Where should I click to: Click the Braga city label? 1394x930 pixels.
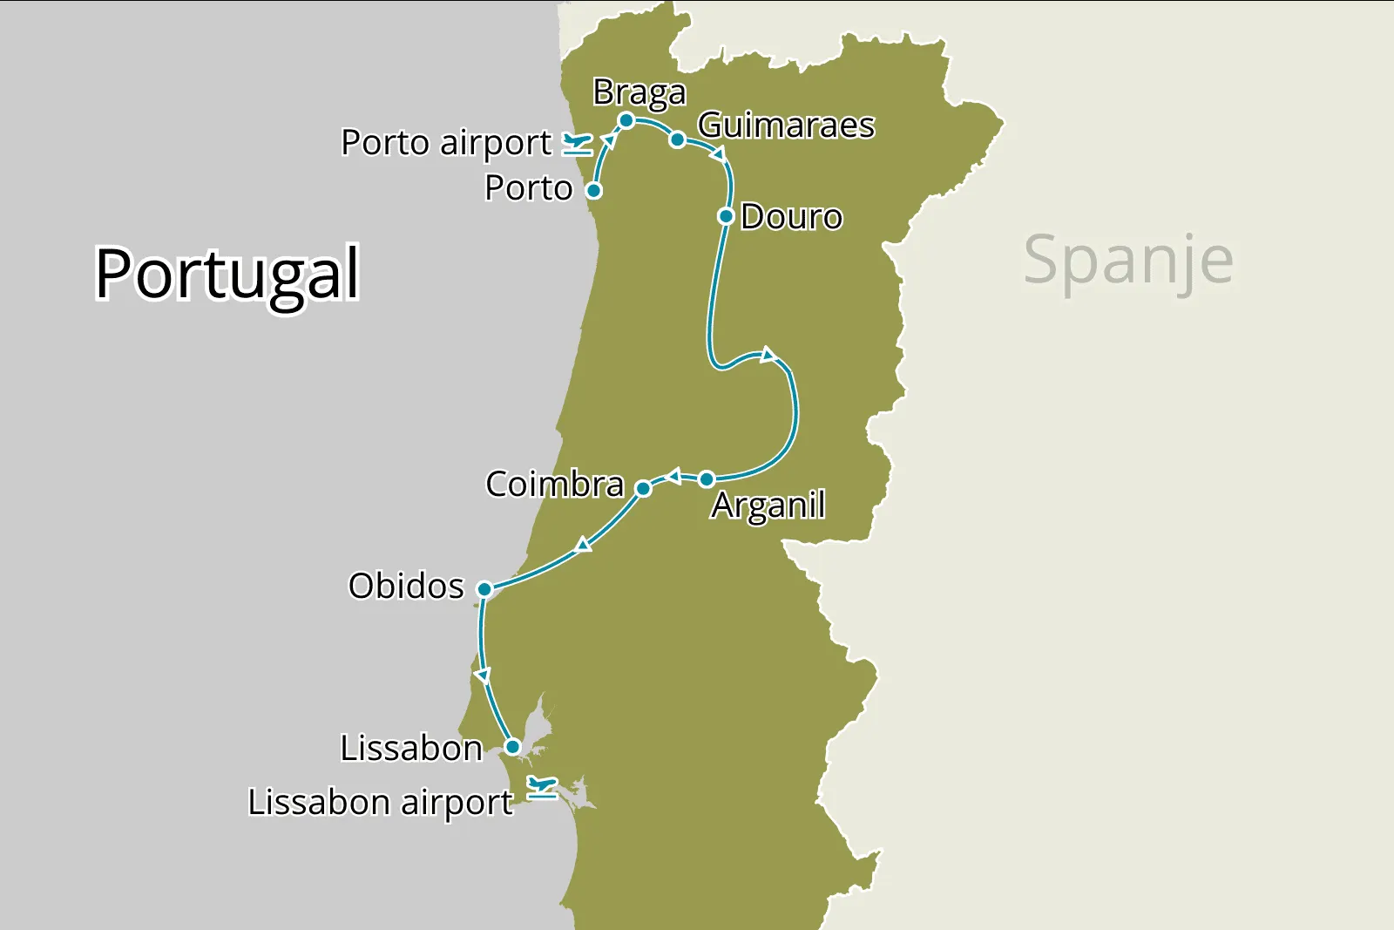(639, 92)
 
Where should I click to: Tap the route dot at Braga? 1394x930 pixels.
(626, 120)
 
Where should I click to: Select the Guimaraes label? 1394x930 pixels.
(786, 126)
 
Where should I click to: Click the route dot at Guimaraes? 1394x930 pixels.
(677, 139)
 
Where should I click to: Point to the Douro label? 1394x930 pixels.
(791, 217)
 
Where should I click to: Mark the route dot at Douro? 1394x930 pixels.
(726, 216)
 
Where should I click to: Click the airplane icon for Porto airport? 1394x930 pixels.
(577, 144)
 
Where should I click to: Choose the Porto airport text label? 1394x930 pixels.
(446, 143)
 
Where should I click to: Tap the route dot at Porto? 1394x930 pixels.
(593, 191)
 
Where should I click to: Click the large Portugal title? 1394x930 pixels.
(227, 274)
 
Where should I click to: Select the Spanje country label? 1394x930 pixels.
(1128, 260)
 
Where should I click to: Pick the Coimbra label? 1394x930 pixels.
(554, 485)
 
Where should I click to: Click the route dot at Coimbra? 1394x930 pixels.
(643, 489)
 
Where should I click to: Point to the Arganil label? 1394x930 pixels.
(768, 506)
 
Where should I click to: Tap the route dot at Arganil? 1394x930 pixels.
(707, 479)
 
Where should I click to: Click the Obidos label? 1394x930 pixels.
(406, 587)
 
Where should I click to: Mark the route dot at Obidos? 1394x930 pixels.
(484, 589)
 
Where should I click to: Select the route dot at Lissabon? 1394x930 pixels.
(513, 747)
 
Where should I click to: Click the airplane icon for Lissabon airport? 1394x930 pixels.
(542, 789)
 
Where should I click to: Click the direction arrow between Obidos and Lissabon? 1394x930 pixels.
(482, 675)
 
